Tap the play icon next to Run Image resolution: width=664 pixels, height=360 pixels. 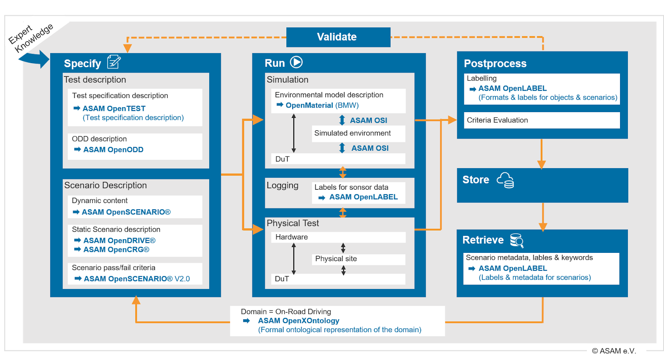[x=296, y=62]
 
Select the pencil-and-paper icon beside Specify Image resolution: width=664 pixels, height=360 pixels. [x=114, y=62]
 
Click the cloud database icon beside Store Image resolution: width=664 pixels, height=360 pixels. [x=505, y=180]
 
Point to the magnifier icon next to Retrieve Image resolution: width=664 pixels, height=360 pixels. [x=517, y=240]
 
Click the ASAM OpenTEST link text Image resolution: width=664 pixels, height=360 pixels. [x=114, y=108]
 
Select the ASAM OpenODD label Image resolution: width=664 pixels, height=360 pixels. [x=113, y=149]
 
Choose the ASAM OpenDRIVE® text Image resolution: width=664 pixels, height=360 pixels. [x=119, y=240]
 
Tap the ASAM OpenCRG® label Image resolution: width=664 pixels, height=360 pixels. [x=116, y=250]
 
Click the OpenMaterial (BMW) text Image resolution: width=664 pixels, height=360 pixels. [x=322, y=105]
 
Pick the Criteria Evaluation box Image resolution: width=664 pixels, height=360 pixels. [x=541, y=120]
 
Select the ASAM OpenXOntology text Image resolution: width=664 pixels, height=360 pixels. [x=298, y=321]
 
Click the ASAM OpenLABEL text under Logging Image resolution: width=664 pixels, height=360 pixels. [x=363, y=197]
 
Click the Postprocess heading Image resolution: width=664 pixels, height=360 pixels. [x=495, y=64]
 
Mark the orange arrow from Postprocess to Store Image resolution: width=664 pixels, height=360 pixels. [x=541, y=154]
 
